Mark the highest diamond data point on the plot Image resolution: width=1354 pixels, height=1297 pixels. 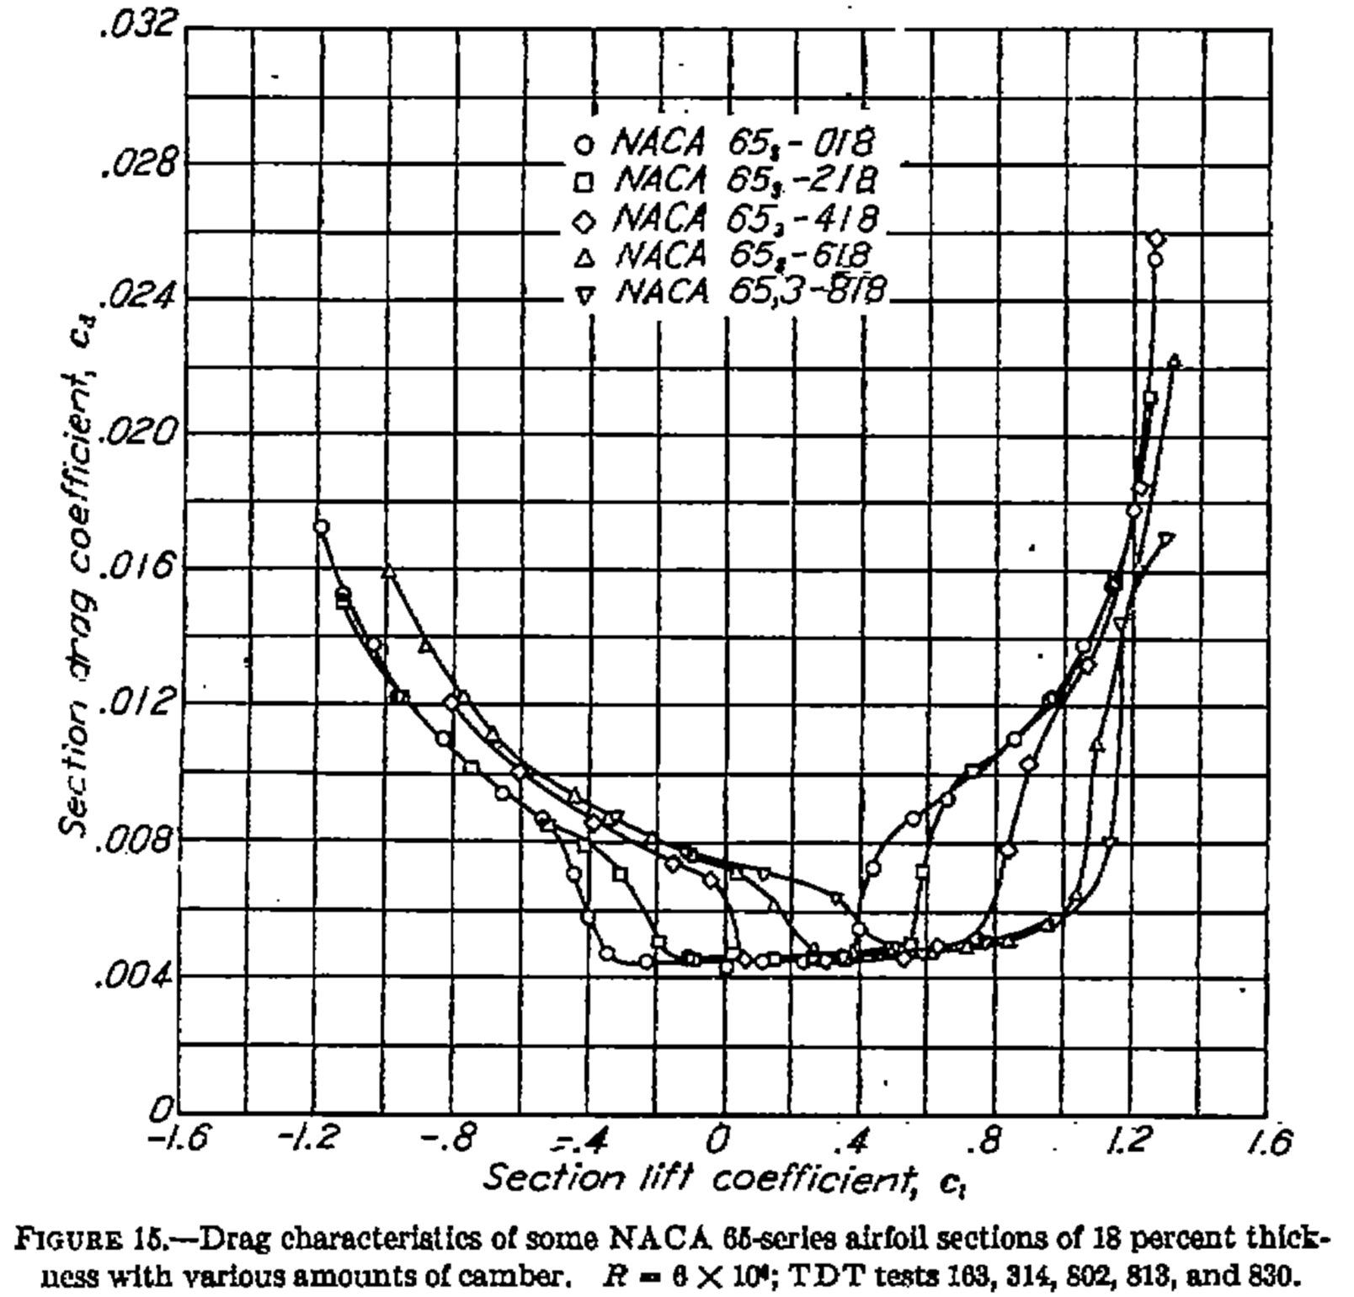tap(1156, 239)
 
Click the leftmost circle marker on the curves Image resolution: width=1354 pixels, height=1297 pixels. tap(321, 527)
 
